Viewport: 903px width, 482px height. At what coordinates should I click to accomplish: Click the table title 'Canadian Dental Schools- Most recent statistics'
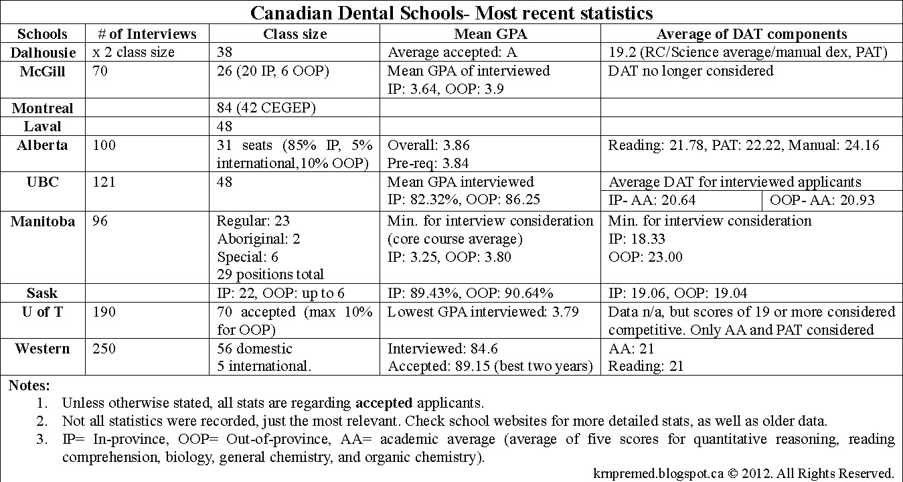[451, 13]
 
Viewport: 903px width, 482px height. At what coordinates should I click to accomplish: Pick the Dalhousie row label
[42, 52]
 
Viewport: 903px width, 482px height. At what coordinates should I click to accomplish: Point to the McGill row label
[43, 71]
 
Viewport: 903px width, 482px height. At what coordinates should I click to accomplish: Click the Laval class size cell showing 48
[225, 127]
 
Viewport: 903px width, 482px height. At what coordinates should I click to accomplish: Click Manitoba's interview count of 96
[99, 221]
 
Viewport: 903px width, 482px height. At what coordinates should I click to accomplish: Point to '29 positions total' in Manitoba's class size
[271, 274]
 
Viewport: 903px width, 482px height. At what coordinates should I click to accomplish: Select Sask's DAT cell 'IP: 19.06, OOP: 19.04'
[677, 293]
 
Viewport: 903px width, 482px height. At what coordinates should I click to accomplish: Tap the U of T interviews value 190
[103, 312]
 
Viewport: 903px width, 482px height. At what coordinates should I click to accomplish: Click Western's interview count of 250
[103, 349]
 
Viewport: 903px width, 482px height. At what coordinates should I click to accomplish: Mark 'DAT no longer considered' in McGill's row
[691, 70]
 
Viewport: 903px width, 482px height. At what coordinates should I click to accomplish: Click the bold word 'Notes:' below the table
[29, 386]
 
